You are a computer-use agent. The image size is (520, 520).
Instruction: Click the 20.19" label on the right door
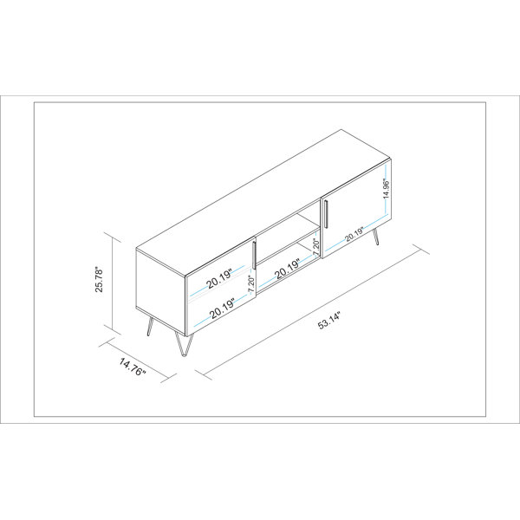pyautogui.click(x=353, y=234)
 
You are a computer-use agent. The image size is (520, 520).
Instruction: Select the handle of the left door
pyautogui.click(x=255, y=255)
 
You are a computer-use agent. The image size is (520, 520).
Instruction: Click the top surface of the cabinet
pyautogui.click(x=269, y=186)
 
